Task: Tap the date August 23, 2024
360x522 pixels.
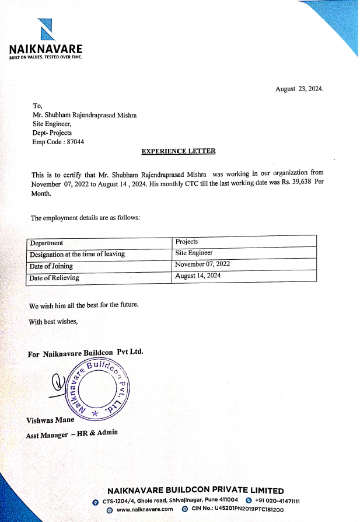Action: (x=299, y=89)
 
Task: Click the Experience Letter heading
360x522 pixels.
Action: (x=179, y=151)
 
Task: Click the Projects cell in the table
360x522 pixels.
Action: (x=187, y=241)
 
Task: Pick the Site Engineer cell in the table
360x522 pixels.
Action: (x=194, y=253)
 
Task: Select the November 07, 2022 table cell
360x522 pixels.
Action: (x=202, y=265)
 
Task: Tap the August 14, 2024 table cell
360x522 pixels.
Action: (x=198, y=276)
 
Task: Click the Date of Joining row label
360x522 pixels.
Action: (x=51, y=266)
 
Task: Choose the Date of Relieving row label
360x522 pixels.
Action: (x=54, y=278)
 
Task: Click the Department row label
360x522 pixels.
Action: (x=47, y=243)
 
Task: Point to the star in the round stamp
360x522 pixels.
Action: (x=95, y=413)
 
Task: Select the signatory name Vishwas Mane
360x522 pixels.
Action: (x=50, y=420)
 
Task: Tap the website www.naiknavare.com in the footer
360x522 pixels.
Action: (x=145, y=509)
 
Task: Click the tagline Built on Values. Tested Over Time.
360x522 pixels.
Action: (x=46, y=57)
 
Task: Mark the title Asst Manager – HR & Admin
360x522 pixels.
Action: (x=72, y=434)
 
